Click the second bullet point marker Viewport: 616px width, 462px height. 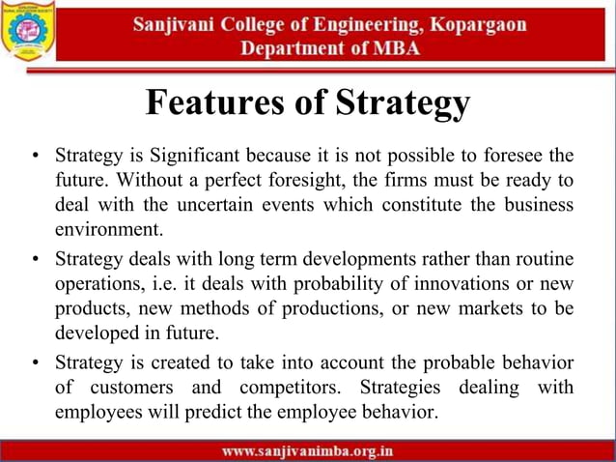(35, 261)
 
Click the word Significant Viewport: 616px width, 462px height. (189, 155)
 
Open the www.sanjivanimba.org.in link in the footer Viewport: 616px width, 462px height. (307, 450)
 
